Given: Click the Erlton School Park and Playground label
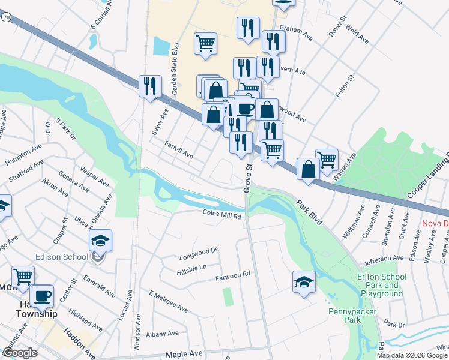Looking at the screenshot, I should point(382,285).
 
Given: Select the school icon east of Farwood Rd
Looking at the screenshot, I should point(304,282).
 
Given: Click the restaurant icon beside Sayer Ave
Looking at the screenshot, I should point(150,85).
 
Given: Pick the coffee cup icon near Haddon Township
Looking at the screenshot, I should point(42,296).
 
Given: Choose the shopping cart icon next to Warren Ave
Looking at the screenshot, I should point(327,160).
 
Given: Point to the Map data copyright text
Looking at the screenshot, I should point(412,355).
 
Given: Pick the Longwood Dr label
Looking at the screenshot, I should point(198,254).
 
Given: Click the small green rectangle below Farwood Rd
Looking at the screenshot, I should point(227,296).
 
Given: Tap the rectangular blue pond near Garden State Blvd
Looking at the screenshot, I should point(161,46).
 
